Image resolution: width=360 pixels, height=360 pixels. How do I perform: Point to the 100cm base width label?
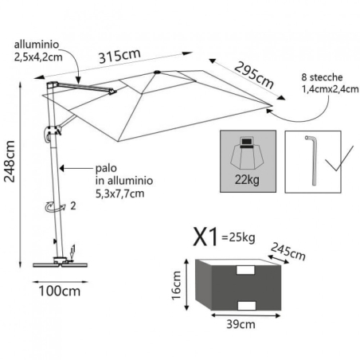coord(61,292)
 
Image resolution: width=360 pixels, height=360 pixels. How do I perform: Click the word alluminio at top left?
coord(33,45)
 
